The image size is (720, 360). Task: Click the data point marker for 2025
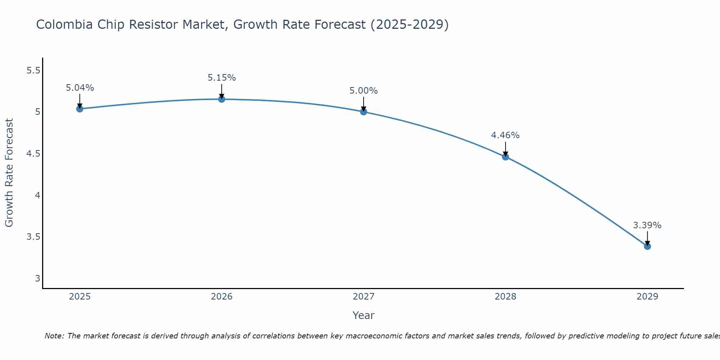[80, 109]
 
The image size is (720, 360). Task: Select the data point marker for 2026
[222, 99]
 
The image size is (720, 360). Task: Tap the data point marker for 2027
[364, 112]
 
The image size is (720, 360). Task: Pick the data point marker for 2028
[505, 157]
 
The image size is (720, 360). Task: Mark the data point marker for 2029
[647, 246]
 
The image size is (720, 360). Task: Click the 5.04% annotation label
[80, 88]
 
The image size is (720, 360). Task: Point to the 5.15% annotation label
[222, 78]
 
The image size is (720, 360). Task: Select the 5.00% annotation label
[364, 91]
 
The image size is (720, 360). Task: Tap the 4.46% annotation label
[505, 135]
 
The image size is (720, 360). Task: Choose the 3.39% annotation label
[647, 225]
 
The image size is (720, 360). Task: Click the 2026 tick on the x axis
[222, 297]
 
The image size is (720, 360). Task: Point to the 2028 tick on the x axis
[505, 297]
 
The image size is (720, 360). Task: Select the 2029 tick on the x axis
[647, 297]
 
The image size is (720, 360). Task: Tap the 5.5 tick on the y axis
[33, 71]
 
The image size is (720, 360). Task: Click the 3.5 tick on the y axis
[33, 237]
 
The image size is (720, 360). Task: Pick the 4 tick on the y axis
[37, 195]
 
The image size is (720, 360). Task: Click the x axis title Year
[364, 315]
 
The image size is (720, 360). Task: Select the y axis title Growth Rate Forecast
[9, 173]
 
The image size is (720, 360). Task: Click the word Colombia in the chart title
[63, 25]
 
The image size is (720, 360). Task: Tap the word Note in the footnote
[54, 336]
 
